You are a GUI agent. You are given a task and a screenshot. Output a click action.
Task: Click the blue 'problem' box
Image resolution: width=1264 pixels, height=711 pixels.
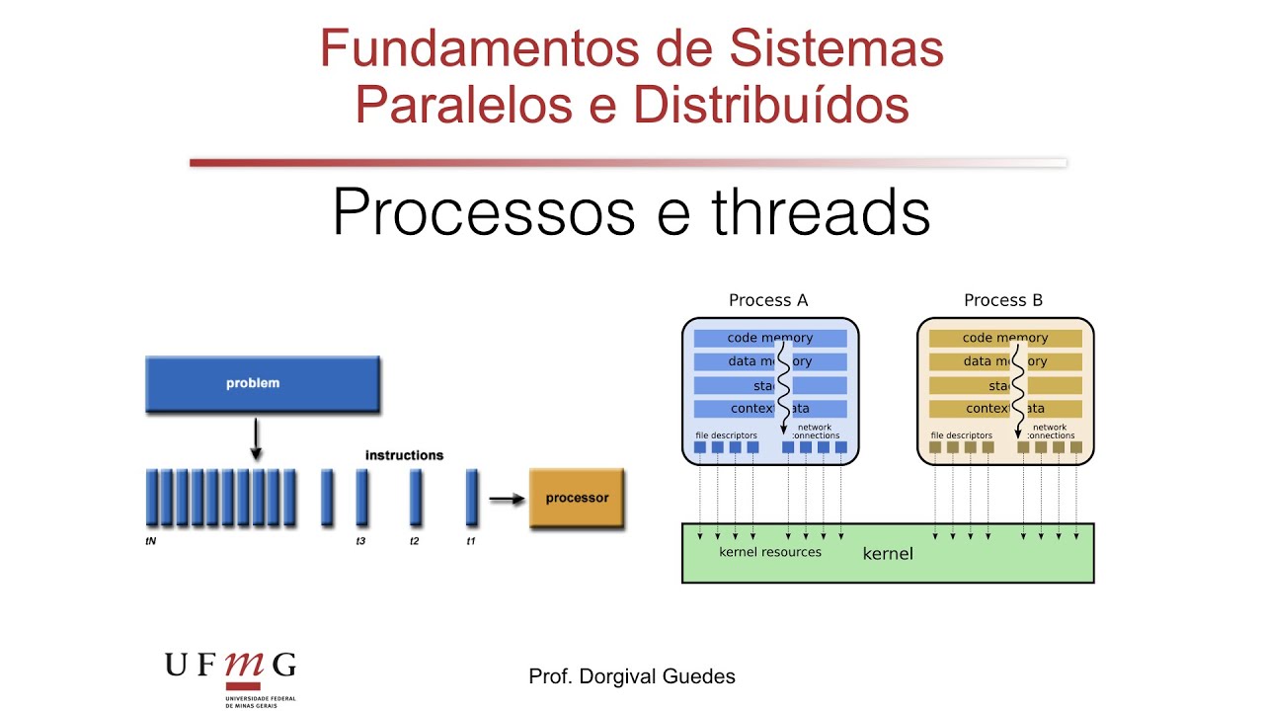263,383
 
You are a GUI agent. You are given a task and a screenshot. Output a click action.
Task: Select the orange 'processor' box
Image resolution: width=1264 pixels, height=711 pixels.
577,498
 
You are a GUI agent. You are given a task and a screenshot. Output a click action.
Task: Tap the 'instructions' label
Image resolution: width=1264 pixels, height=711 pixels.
404,455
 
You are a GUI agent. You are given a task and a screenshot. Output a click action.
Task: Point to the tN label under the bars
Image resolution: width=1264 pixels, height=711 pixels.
151,541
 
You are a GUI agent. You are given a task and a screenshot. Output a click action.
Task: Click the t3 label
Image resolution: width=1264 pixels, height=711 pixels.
361,541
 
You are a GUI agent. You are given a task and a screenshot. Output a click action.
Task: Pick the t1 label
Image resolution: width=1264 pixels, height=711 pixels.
471,541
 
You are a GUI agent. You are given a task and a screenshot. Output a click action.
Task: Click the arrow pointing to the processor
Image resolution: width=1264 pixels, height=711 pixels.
507,499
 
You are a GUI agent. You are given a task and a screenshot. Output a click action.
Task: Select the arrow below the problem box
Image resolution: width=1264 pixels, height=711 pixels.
256,438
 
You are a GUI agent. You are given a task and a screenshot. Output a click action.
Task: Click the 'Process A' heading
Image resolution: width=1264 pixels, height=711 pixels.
767,300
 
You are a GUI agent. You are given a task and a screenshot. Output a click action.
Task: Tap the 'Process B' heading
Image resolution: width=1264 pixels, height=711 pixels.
1003,300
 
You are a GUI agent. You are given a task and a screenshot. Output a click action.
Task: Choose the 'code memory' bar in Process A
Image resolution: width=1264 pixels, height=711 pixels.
770,338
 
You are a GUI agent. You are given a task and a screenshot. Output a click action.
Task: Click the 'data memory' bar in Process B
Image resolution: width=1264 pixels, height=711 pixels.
1005,361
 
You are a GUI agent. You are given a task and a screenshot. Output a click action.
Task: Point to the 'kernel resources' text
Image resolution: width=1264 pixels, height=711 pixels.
770,552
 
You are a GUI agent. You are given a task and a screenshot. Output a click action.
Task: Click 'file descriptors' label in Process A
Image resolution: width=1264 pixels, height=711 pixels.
726,434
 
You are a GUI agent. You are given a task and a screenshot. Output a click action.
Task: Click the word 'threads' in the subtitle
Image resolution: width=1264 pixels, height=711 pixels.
821,212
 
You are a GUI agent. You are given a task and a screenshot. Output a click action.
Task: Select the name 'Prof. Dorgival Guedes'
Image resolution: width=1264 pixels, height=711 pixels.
632,676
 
